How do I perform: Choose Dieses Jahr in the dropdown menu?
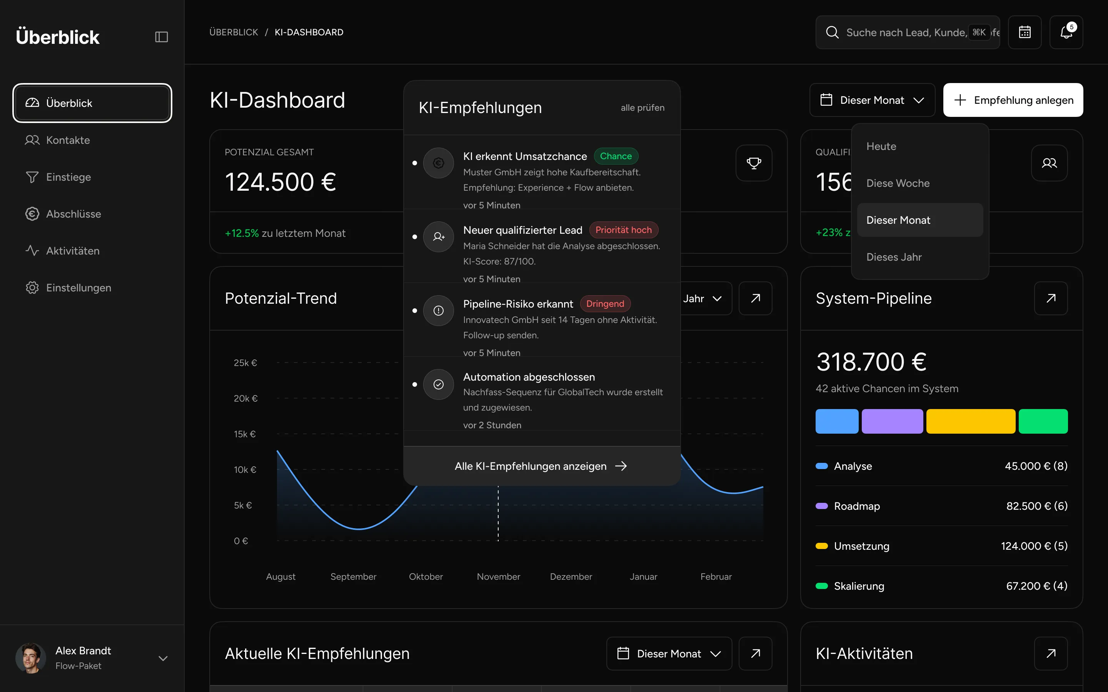click(x=894, y=257)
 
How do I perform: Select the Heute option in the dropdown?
click(x=881, y=146)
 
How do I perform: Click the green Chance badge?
click(x=616, y=156)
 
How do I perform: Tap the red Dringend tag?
click(x=605, y=304)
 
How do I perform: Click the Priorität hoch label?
click(x=624, y=230)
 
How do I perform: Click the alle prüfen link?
click(x=642, y=108)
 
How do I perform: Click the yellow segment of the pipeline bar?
click(x=971, y=421)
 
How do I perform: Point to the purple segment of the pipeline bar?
click(x=892, y=421)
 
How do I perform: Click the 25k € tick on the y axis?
click(x=245, y=363)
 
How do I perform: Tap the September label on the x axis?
click(x=354, y=577)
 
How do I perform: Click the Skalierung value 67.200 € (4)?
click(x=1036, y=586)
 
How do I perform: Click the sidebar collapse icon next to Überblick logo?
click(x=162, y=37)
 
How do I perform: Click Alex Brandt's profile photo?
click(x=31, y=658)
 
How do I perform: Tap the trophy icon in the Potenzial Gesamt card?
click(x=754, y=163)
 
